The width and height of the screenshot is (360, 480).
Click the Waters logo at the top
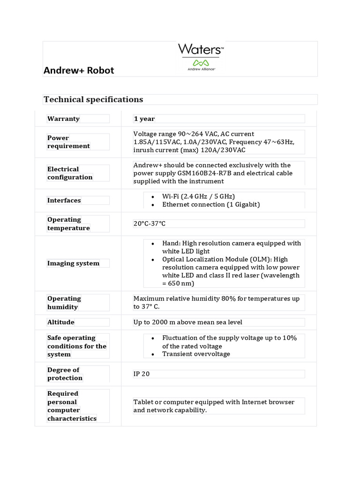201,49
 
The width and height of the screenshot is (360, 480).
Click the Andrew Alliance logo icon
201,63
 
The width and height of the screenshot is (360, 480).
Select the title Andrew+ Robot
79,70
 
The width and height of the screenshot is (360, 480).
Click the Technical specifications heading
93,99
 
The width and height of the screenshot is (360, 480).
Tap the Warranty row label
63,119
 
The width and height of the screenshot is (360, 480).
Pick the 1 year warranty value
144,119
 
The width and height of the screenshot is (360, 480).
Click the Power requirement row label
68,142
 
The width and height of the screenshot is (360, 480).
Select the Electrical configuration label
70,173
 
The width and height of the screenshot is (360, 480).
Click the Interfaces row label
64,200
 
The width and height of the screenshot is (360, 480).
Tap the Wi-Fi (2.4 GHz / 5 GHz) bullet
198,196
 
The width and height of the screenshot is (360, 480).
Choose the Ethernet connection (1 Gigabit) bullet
211,204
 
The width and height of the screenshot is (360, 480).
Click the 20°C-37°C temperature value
150,224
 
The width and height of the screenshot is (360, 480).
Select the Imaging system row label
73,263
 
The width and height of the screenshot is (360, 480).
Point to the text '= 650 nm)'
178,284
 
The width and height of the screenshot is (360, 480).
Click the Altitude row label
61,322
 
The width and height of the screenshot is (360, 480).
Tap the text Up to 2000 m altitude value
187,322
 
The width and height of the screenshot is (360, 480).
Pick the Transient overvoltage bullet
196,354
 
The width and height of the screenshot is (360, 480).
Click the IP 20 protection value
142,374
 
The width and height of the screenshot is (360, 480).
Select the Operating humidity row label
64,303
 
